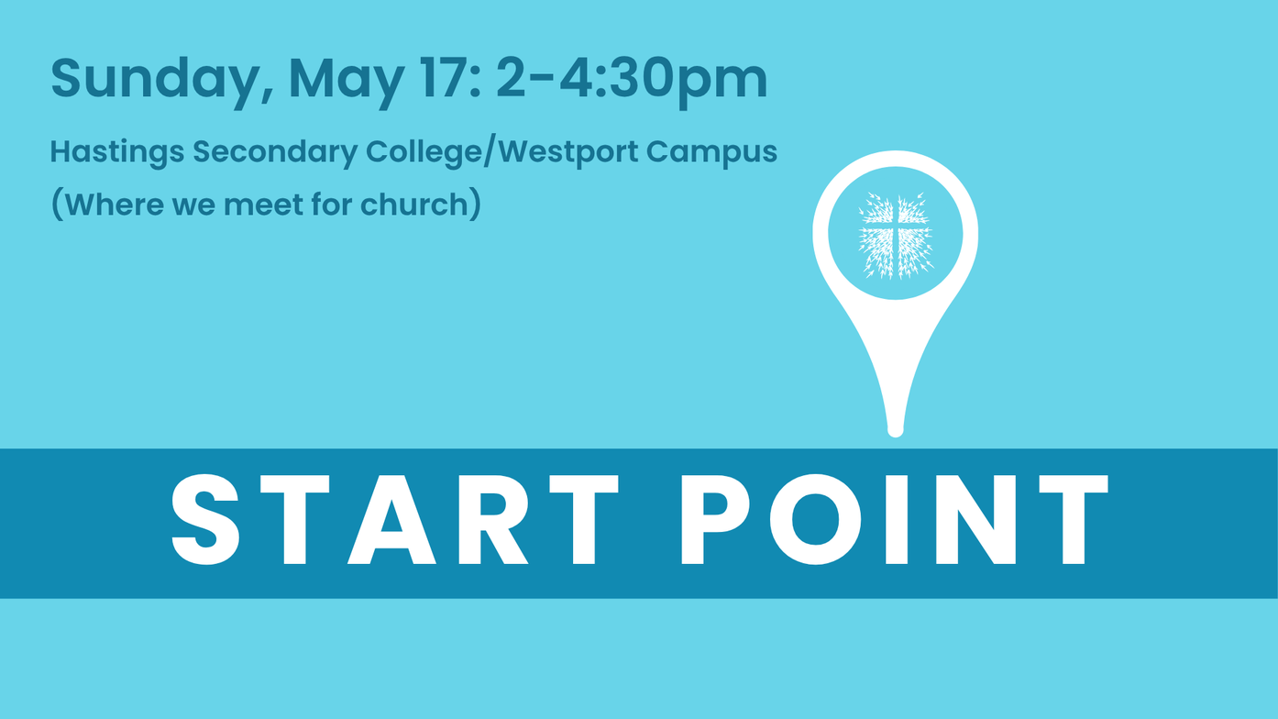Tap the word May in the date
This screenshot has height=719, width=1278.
[x=347, y=82]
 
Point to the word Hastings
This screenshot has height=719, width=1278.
[x=117, y=153]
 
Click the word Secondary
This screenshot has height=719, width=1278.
[x=275, y=153]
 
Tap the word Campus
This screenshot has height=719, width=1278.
[x=711, y=153]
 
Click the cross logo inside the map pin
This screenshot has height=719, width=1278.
[x=896, y=235]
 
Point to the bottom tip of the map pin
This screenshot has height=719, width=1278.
[x=896, y=437]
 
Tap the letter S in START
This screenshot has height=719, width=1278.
[x=205, y=519]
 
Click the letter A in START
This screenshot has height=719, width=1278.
[x=392, y=519]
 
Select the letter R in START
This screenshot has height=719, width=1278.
[x=493, y=519]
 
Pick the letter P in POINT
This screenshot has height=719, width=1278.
[x=715, y=519]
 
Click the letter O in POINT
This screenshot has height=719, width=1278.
[x=816, y=519]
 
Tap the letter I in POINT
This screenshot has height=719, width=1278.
[x=897, y=519]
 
